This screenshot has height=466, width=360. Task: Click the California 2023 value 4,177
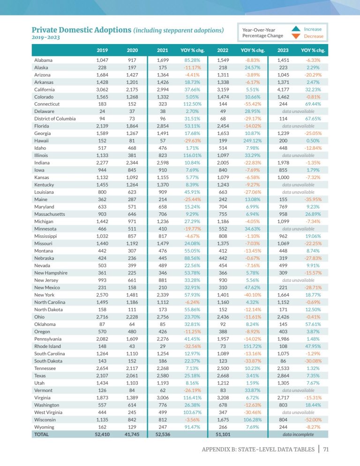pyautogui.click(x=283, y=89)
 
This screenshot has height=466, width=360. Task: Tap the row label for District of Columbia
pyautogui.click(x=55, y=119)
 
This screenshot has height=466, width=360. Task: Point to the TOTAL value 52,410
pyautogui.click(x=102, y=434)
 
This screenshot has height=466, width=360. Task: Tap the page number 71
pyautogui.click(x=326, y=449)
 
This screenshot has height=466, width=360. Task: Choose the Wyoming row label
pyautogui.click(x=45, y=427)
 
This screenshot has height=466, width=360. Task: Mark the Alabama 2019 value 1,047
pyautogui.click(x=102, y=60)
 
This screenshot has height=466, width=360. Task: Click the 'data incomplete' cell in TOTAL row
pyautogui.click(x=298, y=434)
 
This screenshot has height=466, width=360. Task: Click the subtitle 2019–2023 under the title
pyautogui.click(x=45, y=38)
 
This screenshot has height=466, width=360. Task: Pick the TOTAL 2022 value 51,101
pyautogui.click(x=223, y=434)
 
